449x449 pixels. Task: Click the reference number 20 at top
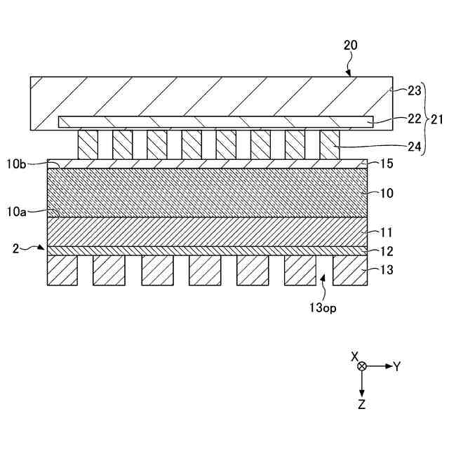pyautogui.click(x=350, y=45)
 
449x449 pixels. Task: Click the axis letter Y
pyautogui.click(x=396, y=366)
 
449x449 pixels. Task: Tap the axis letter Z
pyautogui.click(x=361, y=404)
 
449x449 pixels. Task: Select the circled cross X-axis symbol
pyautogui.click(x=361, y=366)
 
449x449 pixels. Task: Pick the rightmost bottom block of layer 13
pyautogui.click(x=348, y=270)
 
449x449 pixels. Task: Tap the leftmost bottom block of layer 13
pyautogui.click(x=62, y=270)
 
